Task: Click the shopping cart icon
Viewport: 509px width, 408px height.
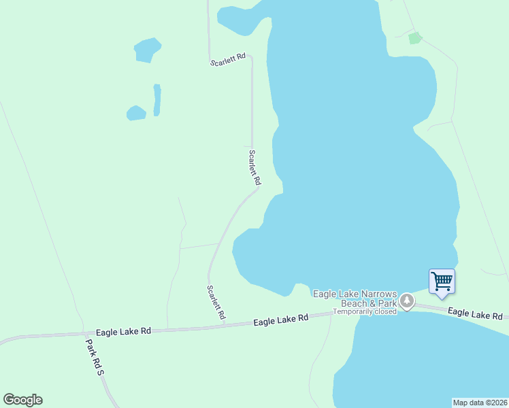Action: pyautogui.click(x=442, y=280)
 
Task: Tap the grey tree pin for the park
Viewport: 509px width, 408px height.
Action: pyautogui.click(x=406, y=301)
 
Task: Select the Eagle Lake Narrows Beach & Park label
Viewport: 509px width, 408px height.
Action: pyautogui.click(x=355, y=298)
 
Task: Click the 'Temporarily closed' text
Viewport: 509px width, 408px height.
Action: pyautogui.click(x=364, y=311)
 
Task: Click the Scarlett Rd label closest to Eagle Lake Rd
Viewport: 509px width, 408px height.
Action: pyautogui.click(x=216, y=303)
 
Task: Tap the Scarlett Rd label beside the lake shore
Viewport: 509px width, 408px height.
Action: pyautogui.click(x=255, y=168)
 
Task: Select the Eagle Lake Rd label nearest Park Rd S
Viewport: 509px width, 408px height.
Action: pyautogui.click(x=123, y=331)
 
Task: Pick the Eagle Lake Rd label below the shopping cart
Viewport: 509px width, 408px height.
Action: pyautogui.click(x=475, y=313)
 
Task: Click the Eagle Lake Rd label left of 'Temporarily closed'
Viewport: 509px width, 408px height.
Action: pyautogui.click(x=281, y=319)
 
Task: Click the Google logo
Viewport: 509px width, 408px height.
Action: pyautogui.click(x=22, y=400)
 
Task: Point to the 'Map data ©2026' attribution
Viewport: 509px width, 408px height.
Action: pyautogui.click(x=480, y=403)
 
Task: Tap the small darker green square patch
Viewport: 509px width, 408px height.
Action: pyautogui.click(x=414, y=38)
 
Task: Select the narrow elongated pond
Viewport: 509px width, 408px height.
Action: pyautogui.click(x=157, y=99)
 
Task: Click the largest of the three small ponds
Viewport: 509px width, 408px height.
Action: pyautogui.click(x=147, y=50)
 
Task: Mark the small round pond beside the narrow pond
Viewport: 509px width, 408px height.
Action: pyautogui.click(x=136, y=113)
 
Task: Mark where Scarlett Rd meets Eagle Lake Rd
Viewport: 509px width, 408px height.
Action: pyautogui.click(x=225, y=326)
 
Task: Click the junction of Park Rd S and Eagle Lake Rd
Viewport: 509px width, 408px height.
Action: pyautogui.click(x=85, y=334)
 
